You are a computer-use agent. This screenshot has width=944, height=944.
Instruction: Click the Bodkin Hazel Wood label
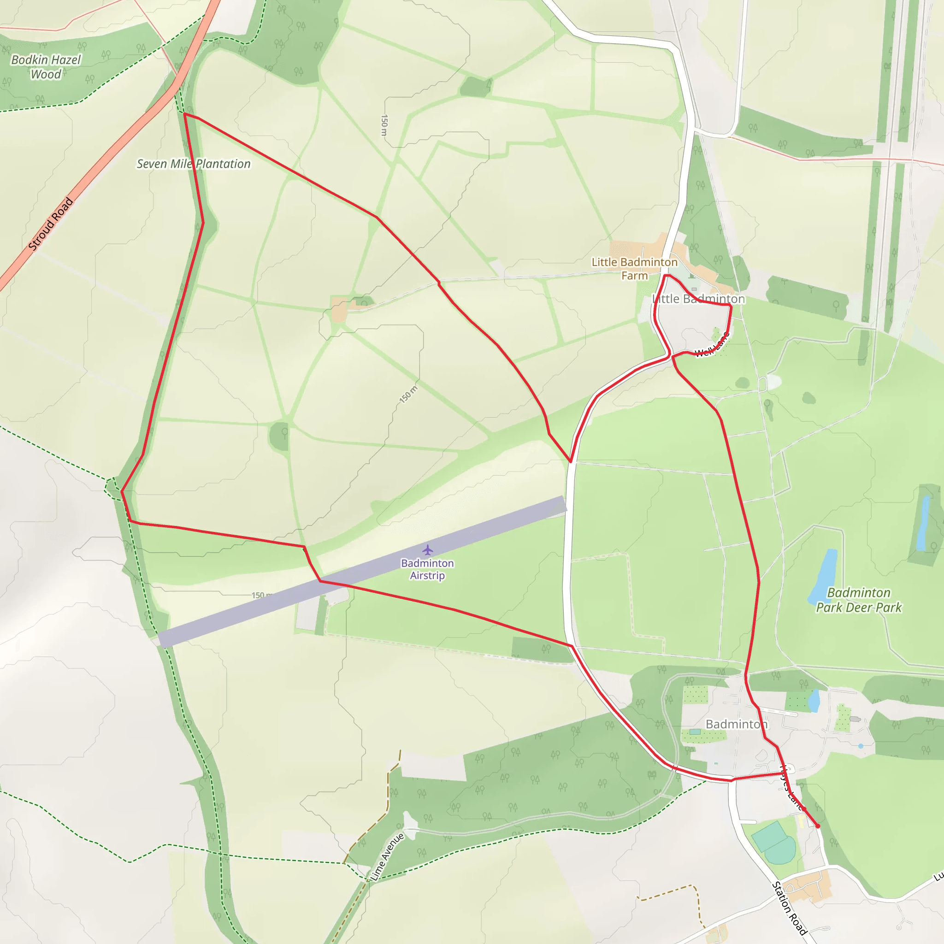[46, 67]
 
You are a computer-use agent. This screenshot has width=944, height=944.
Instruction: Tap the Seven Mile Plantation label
[194, 164]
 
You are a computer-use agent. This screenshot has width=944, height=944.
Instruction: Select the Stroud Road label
[50, 224]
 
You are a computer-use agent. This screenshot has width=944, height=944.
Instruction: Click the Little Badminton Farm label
[634, 269]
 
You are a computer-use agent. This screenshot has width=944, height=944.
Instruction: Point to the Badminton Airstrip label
[428, 569]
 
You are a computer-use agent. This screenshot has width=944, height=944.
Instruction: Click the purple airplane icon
[428, 550]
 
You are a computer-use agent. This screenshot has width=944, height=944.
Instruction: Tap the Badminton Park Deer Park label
[858, 600]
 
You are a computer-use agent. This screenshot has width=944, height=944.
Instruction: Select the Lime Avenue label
[388, 857]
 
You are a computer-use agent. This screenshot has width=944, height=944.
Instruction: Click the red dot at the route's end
[817, 826]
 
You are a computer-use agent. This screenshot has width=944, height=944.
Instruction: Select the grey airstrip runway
[361, 572]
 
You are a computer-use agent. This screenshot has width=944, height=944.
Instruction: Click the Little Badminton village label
[699, 299]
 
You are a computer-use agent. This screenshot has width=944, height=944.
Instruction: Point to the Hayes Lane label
[791, 787]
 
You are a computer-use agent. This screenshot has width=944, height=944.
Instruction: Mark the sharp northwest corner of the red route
[184, 114]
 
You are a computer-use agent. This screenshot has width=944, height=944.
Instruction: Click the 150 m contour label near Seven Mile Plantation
[384, 125]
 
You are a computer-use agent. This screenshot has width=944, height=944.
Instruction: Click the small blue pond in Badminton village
[814, 701]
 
